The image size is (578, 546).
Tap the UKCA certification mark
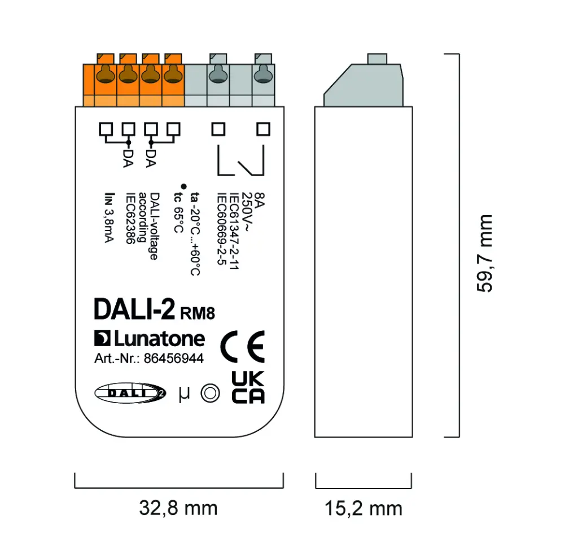248,387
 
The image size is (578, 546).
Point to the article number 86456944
173,359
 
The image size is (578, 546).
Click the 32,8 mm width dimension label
178,508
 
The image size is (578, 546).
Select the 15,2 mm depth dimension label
363,508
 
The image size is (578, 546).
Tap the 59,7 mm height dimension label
484,253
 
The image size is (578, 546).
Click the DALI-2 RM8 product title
154,310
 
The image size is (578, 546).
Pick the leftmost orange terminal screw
105,73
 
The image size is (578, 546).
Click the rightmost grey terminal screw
261,73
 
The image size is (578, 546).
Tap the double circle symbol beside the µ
210,394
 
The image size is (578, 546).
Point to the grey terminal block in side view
362,85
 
